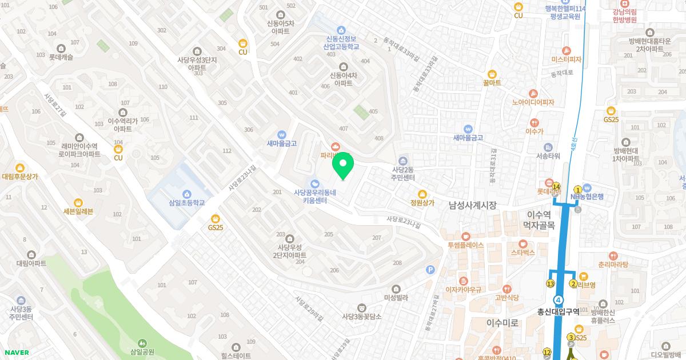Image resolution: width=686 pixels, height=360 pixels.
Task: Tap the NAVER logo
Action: click(x=17, y=353)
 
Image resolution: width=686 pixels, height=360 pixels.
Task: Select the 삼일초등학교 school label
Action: click(x=186, y=203)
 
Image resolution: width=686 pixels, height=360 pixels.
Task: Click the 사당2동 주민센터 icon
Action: click(x=403, y=159)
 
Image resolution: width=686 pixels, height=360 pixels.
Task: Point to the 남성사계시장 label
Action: click(x=472, y=205)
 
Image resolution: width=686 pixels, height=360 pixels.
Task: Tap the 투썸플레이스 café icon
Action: click(x=465, y=235)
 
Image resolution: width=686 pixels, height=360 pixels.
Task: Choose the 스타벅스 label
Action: click(x=523, y=252)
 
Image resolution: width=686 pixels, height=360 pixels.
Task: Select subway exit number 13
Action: click(x=551, y=284)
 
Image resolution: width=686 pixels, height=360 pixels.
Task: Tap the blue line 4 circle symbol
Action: click(x=559, y=299)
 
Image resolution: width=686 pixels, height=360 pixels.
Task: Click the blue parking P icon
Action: click(x=430, y=270)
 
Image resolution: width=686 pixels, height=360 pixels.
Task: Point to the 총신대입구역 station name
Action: click(x=558, y=312)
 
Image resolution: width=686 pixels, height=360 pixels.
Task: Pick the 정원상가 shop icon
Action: click(x=422, y=194)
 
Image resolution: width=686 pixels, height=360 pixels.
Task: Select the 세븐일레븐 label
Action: click(x=78, y=211)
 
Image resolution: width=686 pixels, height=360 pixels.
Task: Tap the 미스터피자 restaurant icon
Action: click(x=566, y=50)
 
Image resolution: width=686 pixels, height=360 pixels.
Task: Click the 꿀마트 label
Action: click(x=492, y=83)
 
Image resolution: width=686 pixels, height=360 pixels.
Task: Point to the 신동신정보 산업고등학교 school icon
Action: click(x=341, y=30)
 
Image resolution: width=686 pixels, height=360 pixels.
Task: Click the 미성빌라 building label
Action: click(x=396, y=298)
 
